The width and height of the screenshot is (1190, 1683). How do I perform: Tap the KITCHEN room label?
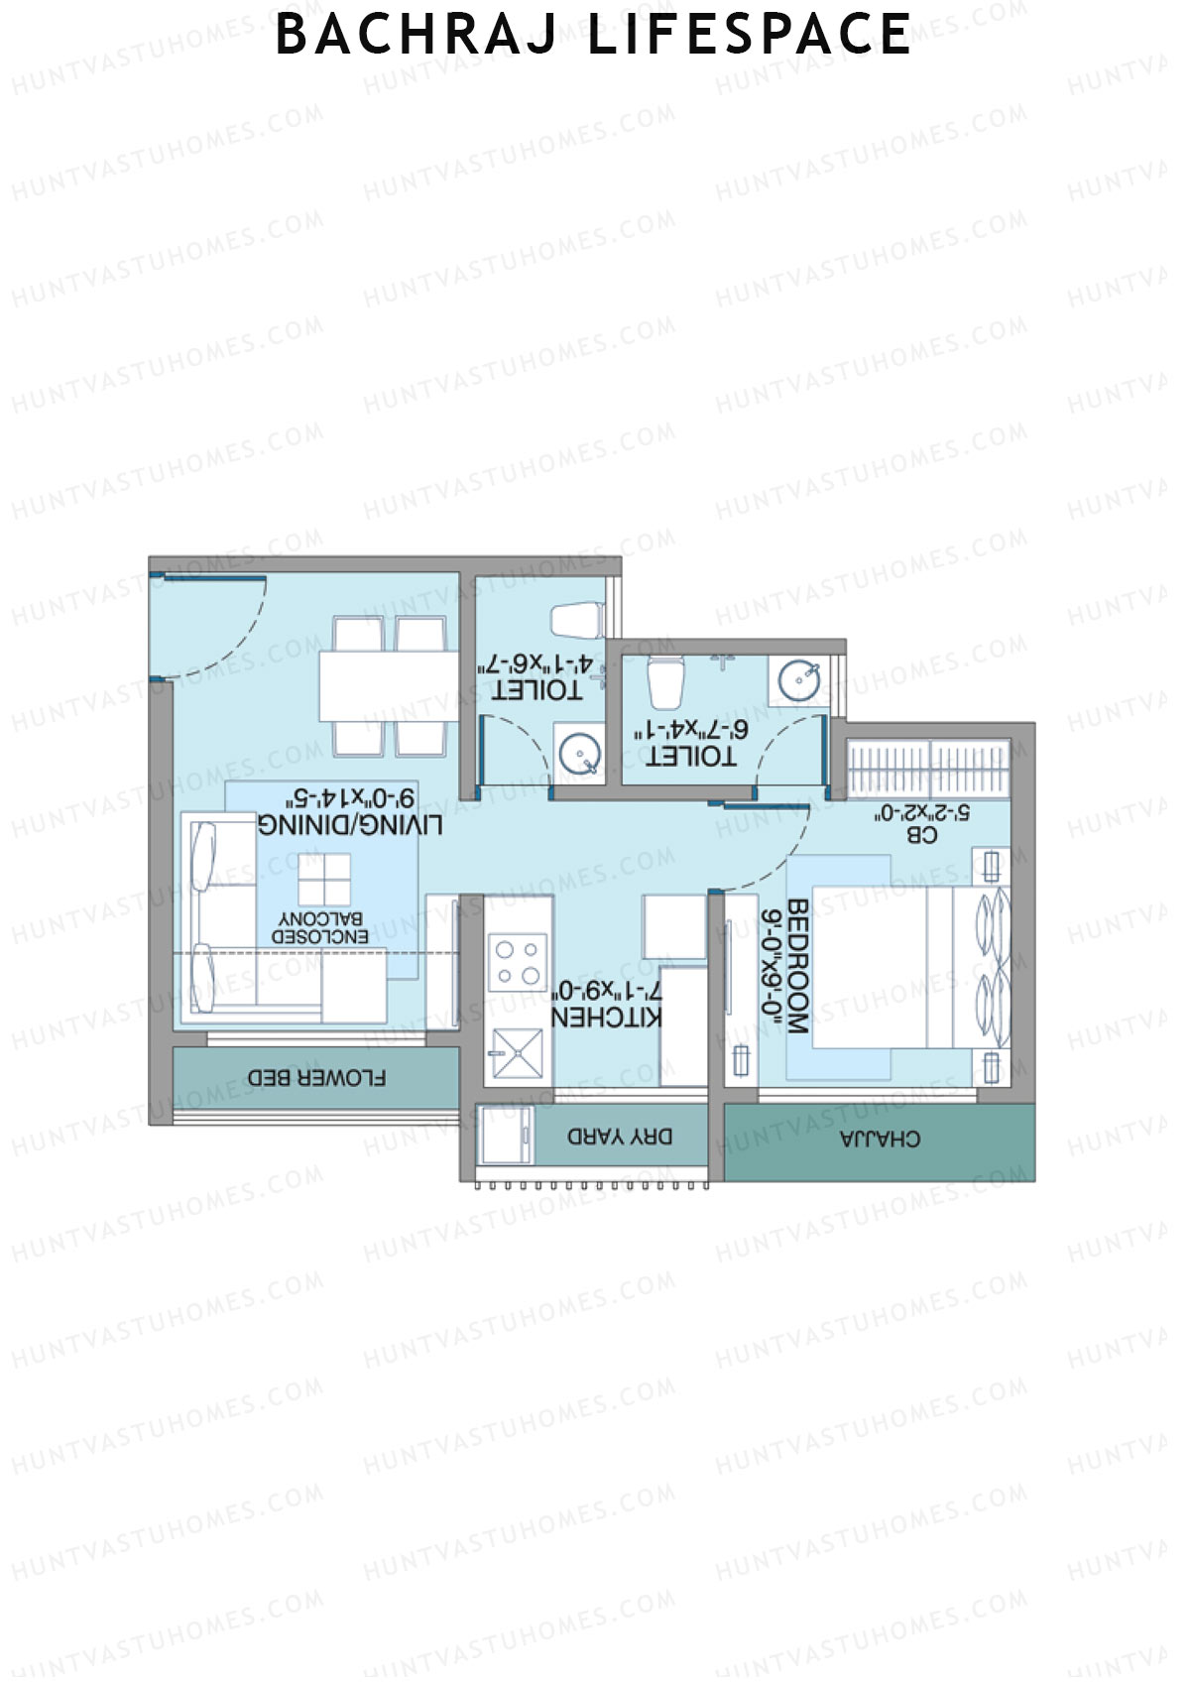[606, 1018]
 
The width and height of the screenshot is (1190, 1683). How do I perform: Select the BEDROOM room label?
[798, 967]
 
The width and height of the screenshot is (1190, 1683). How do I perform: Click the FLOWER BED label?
[316, 1077]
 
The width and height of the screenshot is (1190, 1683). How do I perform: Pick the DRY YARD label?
[620, 1137]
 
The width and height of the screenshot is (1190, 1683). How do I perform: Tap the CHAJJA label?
[880, 1139]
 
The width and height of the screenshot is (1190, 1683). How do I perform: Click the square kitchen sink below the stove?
[518, 1053]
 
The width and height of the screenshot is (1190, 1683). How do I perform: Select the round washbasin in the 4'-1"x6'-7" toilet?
[579, 754]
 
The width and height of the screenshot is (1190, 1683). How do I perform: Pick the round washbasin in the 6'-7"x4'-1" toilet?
[798, 680]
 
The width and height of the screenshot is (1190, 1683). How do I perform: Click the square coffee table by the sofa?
[323, 879]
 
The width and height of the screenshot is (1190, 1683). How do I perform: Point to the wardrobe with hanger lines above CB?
[929, 767]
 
